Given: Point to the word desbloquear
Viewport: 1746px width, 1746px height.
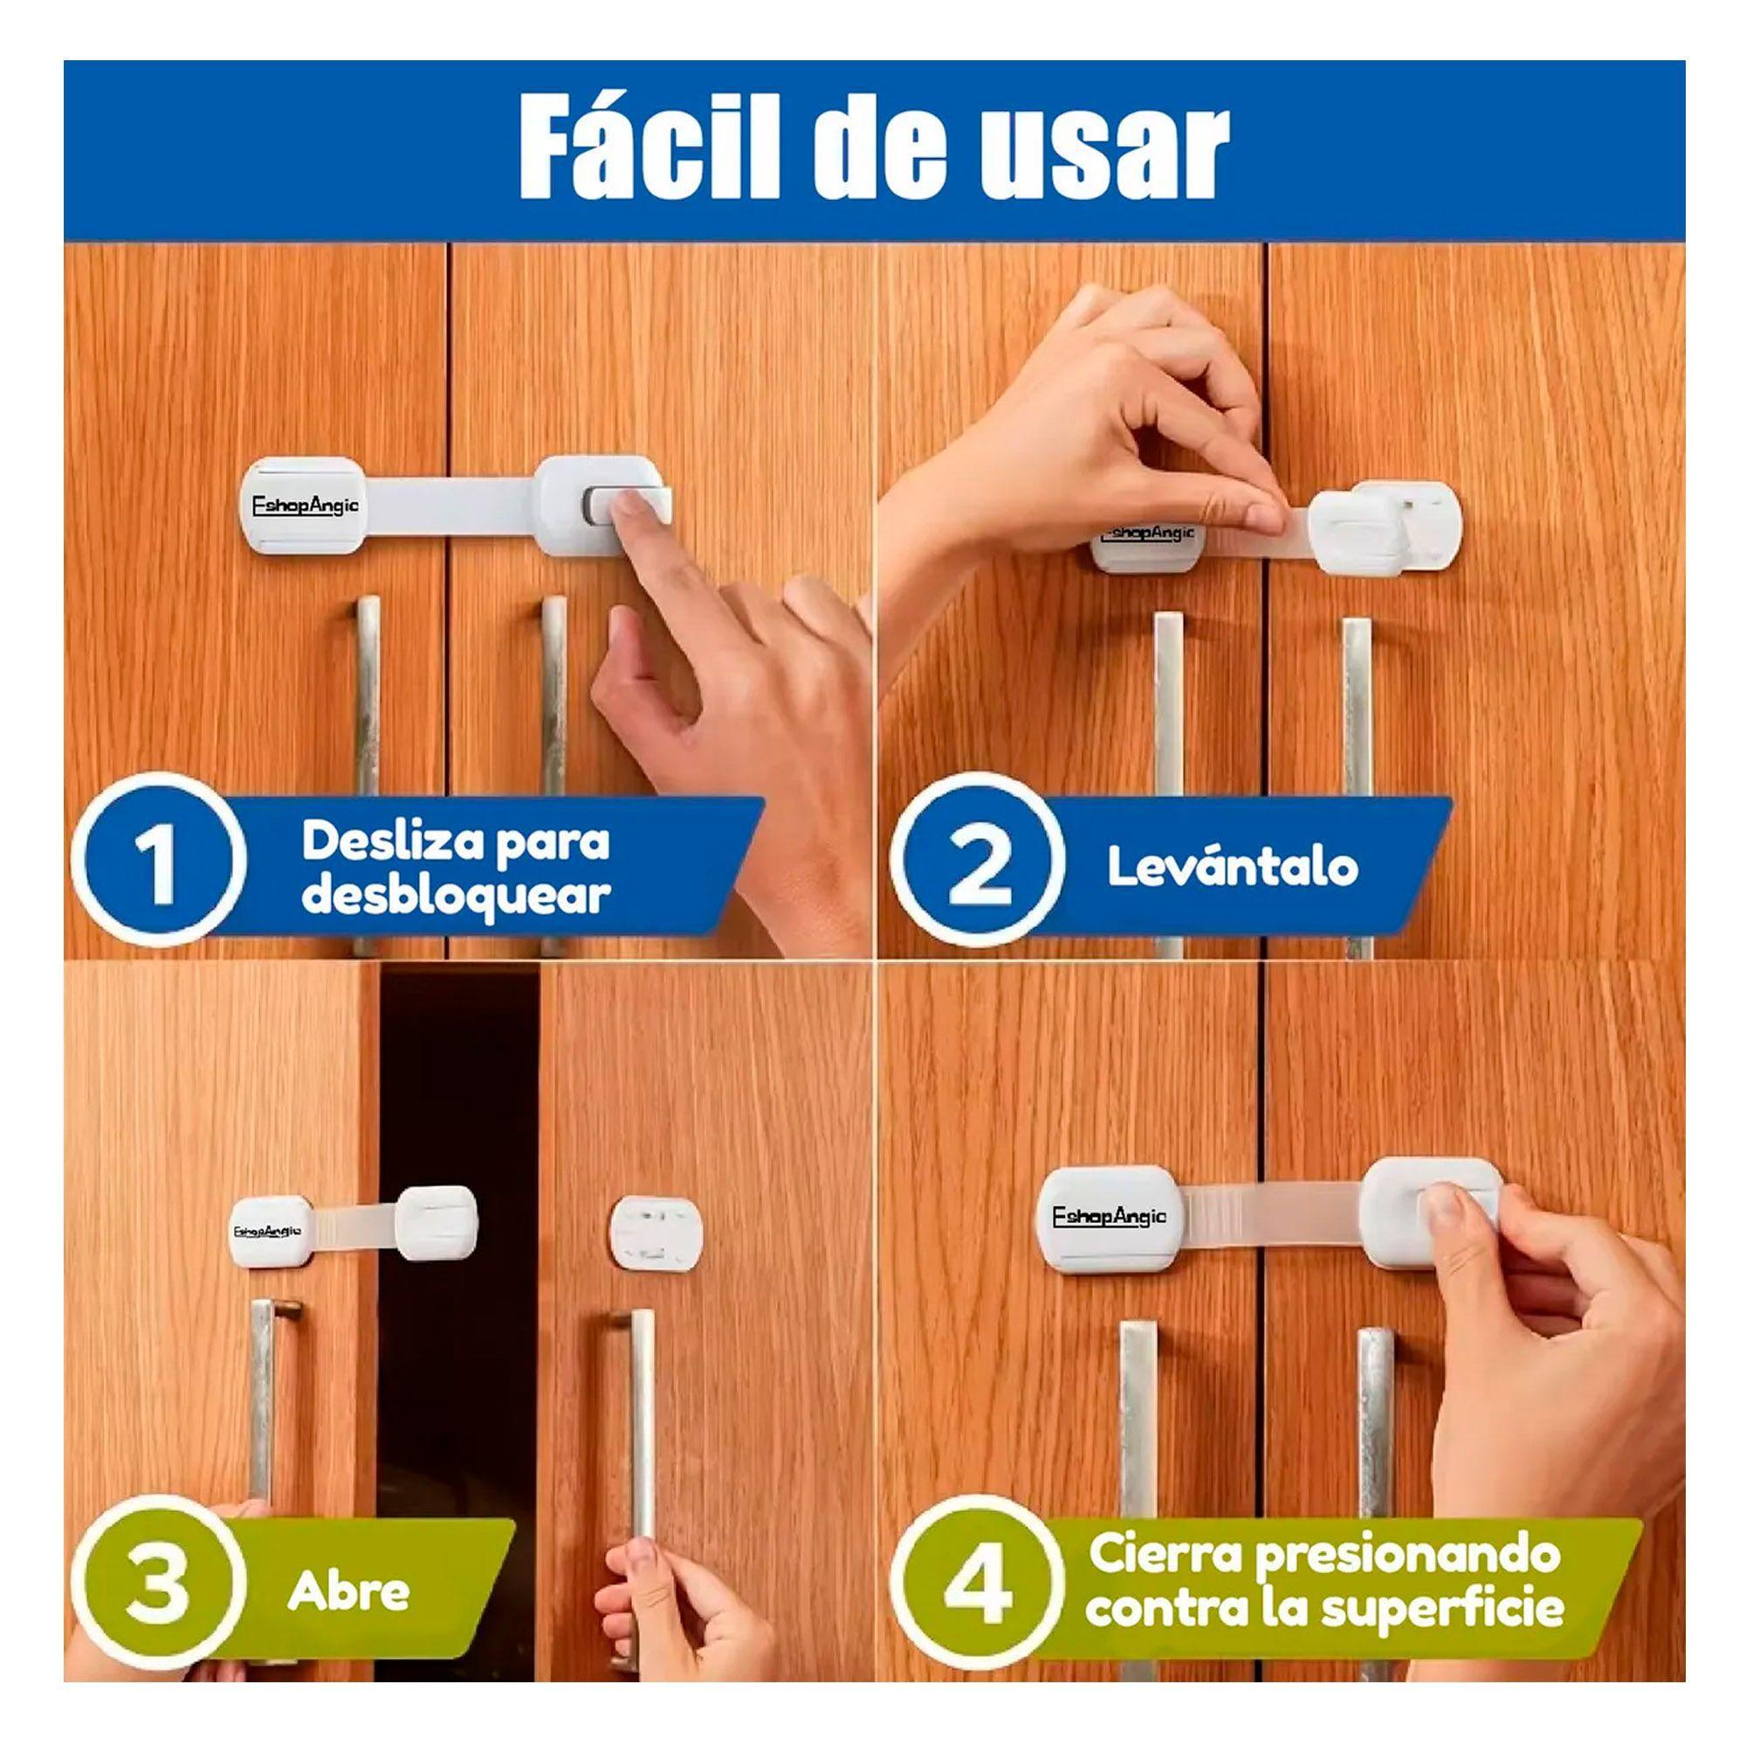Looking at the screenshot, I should tap(457, 896).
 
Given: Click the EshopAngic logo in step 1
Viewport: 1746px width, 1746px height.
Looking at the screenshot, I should tap(303, 505).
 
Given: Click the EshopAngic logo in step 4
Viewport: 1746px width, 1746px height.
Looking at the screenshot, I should tap(1110, 1217).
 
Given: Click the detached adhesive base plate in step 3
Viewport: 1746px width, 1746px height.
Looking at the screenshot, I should tap(656, 1230).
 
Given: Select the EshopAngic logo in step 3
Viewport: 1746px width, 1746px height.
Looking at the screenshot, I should tap(267, 1230).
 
